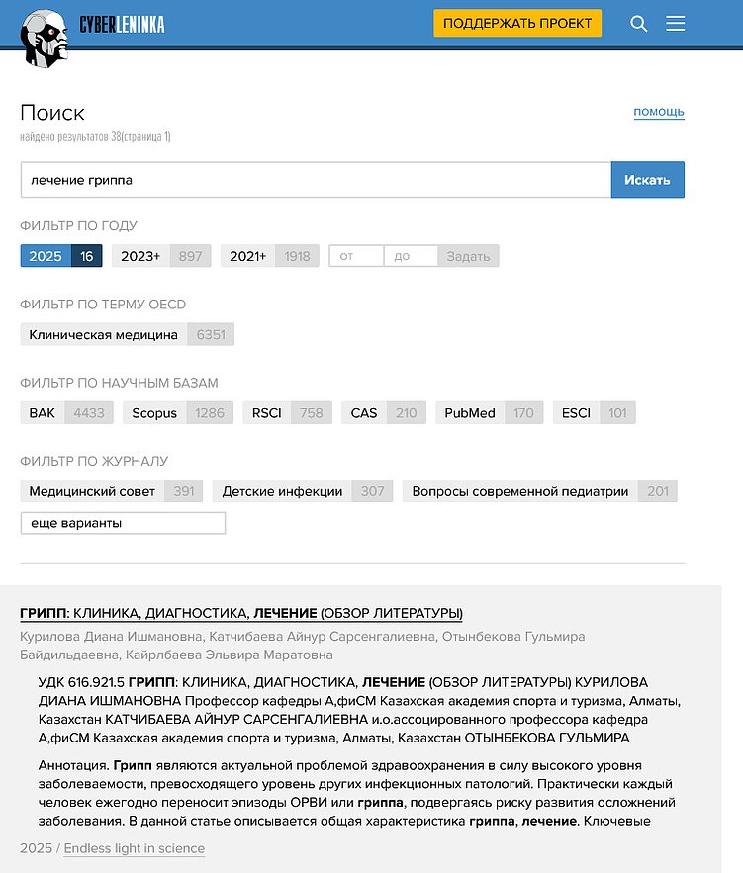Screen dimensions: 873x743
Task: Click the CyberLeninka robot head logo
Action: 46,37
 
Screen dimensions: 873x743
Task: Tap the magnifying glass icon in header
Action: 639,24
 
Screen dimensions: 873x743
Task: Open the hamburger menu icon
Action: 676,24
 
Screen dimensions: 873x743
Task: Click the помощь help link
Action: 659,112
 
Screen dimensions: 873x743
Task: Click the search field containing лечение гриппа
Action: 315,180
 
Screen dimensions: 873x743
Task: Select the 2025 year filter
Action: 46,256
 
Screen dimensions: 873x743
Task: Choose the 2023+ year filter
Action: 140,256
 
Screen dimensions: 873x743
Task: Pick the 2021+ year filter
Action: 248,256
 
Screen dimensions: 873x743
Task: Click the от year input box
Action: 356,256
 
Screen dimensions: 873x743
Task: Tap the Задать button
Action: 468,256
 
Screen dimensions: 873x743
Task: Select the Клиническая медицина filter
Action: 104,334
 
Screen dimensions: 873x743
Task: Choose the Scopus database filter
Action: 154,413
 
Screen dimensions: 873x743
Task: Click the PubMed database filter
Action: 470,413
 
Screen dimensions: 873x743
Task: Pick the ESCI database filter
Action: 576,413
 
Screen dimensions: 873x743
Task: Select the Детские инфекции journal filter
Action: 282,491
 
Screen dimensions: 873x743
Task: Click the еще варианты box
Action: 123,523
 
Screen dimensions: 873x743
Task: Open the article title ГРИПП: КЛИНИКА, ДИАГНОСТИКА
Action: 241,613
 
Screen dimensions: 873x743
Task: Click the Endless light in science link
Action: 135,848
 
